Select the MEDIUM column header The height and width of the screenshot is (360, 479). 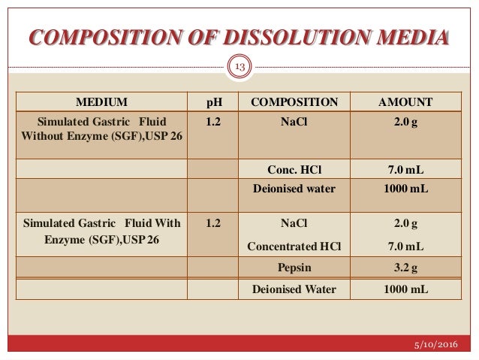pyautogui.click(x=101, y=101)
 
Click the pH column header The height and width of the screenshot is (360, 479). pyautogui.click(x=213, y=101)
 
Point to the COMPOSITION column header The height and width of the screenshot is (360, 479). pyautogui.click(x=294, y=101)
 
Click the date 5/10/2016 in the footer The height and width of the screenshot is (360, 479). pyautogui.click(x=440, y=346)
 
